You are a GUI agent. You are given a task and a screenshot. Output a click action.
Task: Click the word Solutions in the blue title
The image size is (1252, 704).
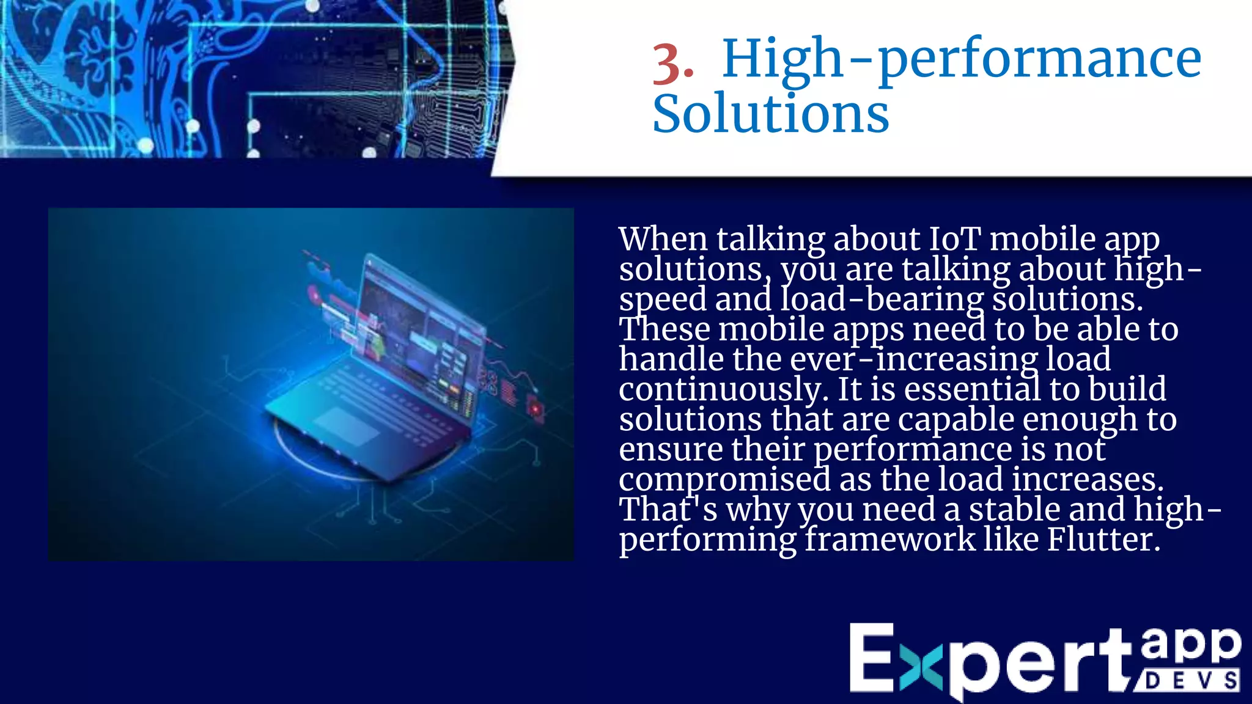click(770, 114)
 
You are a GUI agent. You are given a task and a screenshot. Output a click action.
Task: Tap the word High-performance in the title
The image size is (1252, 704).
click(962, 60)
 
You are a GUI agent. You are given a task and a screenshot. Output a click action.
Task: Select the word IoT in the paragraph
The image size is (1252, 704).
click(955, 239)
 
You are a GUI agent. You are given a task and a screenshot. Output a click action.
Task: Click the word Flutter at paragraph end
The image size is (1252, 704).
click(1103, 540)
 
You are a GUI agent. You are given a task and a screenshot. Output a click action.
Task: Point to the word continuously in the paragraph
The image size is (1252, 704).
click(723, 390)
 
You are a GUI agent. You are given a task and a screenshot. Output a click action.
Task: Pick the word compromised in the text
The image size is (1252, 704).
click(724, 480)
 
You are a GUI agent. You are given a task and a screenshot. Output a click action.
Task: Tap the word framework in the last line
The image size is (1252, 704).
click(889, 540)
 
